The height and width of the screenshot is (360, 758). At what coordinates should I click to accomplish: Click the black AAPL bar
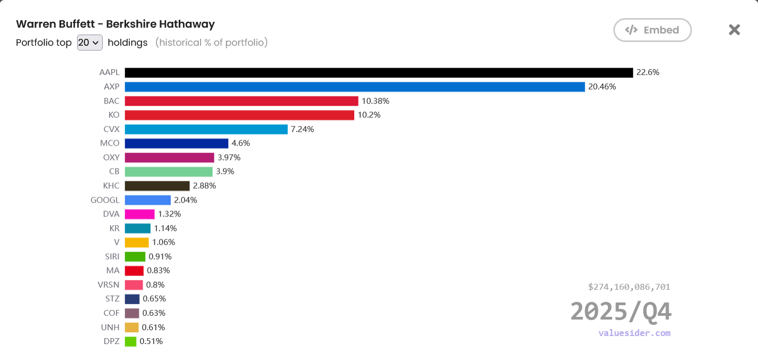pos(379,72)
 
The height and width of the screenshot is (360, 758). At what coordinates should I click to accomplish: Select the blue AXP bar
pos(355,87)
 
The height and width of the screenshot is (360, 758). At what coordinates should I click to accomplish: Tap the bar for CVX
pos(206,129)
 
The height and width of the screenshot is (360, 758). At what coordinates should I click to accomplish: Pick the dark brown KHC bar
pos(157,186)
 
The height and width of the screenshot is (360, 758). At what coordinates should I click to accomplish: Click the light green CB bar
pos(169,171)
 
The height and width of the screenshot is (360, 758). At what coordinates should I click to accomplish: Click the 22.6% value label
pos(647,72)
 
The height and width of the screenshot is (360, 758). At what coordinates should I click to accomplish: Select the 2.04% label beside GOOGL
pos(185,200)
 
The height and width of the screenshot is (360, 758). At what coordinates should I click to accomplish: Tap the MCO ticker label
pos(110,143)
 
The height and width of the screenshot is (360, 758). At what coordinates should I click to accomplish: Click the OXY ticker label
pos(111,157)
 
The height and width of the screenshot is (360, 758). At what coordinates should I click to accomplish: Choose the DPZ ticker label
pos(111,341)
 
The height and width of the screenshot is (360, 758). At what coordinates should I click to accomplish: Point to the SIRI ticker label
pos(112,256)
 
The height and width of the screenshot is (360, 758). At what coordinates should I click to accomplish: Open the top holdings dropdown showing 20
pos(89,43)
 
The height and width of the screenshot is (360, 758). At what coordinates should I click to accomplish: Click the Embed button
pos(652,30)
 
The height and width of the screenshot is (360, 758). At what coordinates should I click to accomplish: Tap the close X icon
pos(734,30)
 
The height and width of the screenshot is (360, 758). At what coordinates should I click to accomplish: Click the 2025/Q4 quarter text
pos(621,312)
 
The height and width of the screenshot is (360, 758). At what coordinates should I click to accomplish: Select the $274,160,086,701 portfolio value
pos(629,287)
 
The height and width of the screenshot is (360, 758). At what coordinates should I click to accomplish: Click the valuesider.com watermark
pos(634,333)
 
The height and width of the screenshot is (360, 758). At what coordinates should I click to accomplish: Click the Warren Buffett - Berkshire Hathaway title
pos(115,24)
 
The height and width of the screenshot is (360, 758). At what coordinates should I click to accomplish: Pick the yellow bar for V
pos(137,242)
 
